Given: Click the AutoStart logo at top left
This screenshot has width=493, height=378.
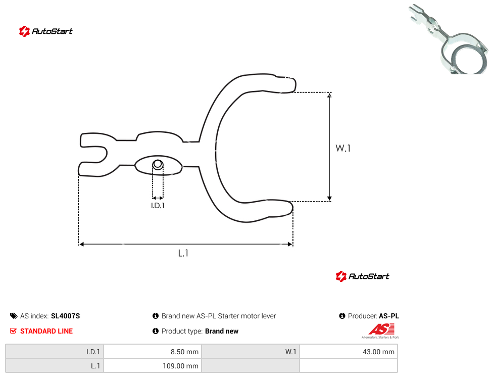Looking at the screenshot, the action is point(45,31).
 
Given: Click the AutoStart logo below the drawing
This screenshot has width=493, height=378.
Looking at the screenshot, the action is point(362,276).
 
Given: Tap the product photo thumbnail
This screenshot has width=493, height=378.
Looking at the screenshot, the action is point(450,39).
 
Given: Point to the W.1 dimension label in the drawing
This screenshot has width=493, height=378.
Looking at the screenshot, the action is point(343,148).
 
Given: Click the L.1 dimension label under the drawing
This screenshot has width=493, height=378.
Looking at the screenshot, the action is point(183,253).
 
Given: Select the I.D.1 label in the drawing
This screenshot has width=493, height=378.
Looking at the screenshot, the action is point(158,206).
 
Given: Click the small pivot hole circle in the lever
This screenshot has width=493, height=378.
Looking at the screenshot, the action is point(158,164).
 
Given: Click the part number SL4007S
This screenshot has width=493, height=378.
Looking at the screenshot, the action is point(65,316).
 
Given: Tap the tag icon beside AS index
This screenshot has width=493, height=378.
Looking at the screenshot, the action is point(14,316).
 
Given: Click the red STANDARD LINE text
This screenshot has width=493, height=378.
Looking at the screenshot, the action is point(46,331).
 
